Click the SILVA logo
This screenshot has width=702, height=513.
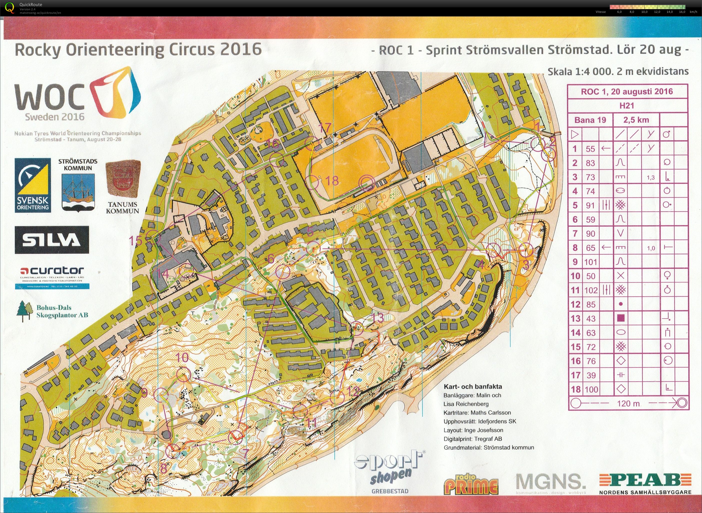click(52, 239)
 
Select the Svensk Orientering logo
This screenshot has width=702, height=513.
click(33, 185)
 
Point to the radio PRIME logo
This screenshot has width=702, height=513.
click(471, 485)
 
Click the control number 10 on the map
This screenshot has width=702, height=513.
click(182, 357)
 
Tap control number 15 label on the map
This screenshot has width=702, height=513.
click(136, 240)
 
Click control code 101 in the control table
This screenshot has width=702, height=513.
click(590, 262)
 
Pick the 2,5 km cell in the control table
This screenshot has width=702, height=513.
click(636, 120)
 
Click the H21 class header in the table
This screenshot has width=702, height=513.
click(627, 106)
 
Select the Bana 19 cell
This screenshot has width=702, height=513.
click(590, 120)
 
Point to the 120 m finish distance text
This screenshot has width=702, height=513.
click(628, 403)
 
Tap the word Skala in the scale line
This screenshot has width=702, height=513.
click(559, 72)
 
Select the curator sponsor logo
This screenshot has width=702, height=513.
click(52, 271)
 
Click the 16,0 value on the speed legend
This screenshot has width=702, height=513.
click(682, 12)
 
